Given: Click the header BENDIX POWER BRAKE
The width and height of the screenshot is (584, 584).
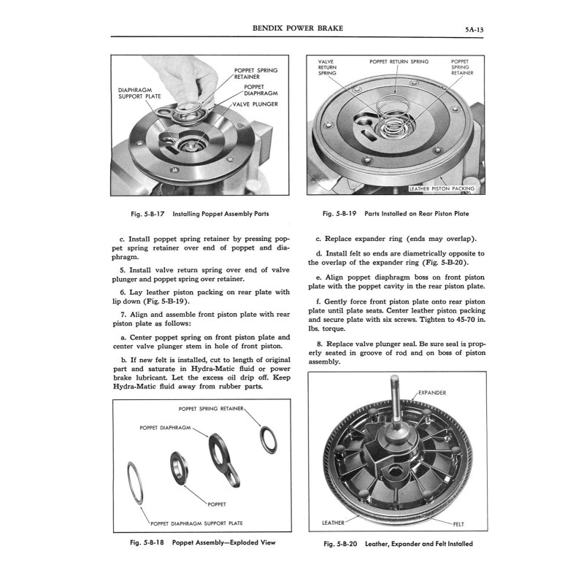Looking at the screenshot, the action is pyautogui.click(x=297, y=28).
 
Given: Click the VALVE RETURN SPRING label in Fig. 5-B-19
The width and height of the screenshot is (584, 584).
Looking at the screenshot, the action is pyautogui.click(x=327, y=67).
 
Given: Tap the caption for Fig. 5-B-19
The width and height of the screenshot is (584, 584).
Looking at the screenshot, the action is pyautogui.click(x=396, y=214).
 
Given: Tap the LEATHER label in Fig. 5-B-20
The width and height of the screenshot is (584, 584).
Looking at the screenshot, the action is pyautogui.click(x=334, y=523).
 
